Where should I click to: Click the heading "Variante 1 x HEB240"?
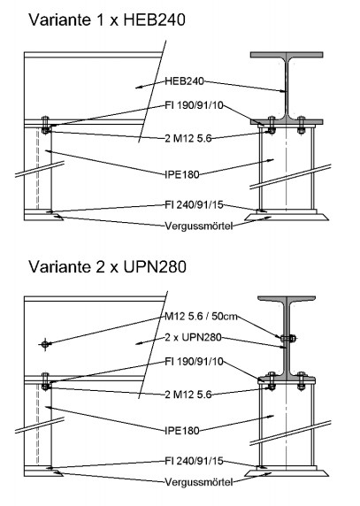107,19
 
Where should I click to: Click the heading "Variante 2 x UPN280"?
107,267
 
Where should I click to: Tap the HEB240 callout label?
185,81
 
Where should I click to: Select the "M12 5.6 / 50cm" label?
202,317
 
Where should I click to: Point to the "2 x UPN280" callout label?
193,338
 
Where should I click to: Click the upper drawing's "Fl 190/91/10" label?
195,105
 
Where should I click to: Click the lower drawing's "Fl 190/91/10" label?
195,362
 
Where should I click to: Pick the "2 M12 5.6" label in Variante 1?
188,138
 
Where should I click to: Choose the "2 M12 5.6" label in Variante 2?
188,395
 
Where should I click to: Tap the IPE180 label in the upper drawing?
182,174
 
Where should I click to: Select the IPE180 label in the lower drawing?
182,431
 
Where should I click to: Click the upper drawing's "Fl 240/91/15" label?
195,204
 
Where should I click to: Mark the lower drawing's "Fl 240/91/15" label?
195,461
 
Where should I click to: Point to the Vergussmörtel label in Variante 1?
199,226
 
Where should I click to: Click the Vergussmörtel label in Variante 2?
199,482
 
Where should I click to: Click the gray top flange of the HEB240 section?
287,55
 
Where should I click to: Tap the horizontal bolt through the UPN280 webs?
287,338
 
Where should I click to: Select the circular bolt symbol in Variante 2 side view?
45,344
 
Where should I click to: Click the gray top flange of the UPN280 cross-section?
287,299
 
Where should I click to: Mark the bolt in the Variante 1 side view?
45,125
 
